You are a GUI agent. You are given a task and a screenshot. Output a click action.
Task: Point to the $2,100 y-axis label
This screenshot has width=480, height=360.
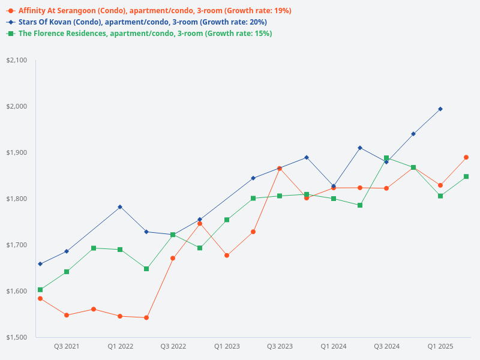17,61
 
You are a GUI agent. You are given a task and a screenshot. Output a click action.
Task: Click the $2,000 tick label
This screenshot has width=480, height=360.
17,107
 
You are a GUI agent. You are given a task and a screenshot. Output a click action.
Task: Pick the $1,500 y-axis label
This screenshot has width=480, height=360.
17,337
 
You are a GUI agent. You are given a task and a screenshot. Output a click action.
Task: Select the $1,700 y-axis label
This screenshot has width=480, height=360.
17,245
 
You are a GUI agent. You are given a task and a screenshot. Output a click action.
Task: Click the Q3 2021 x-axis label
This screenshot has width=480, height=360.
67,346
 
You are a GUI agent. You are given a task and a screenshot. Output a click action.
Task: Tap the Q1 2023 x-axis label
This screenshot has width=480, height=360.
227,346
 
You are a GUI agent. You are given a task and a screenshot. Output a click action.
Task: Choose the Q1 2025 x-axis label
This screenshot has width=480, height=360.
440,346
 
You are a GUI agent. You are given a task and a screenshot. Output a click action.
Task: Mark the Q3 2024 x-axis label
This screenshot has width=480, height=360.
387,346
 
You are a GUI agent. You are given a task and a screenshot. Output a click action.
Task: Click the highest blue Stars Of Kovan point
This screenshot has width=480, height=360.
440,109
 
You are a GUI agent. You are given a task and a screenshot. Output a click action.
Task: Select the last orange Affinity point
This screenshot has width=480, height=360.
466,157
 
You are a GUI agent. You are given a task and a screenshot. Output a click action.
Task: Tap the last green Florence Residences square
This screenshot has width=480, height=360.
466,176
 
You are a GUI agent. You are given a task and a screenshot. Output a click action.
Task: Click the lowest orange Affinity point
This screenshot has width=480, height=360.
146,317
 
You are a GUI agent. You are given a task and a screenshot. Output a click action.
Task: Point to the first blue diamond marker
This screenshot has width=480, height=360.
40,264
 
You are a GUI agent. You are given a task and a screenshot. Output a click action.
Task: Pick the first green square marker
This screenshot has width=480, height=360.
40,290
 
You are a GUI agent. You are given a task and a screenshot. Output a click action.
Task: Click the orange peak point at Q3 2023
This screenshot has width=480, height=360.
280,169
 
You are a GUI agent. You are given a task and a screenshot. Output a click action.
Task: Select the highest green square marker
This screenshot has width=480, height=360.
386,158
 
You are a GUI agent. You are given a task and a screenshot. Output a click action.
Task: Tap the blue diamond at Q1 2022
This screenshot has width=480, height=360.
120,207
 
